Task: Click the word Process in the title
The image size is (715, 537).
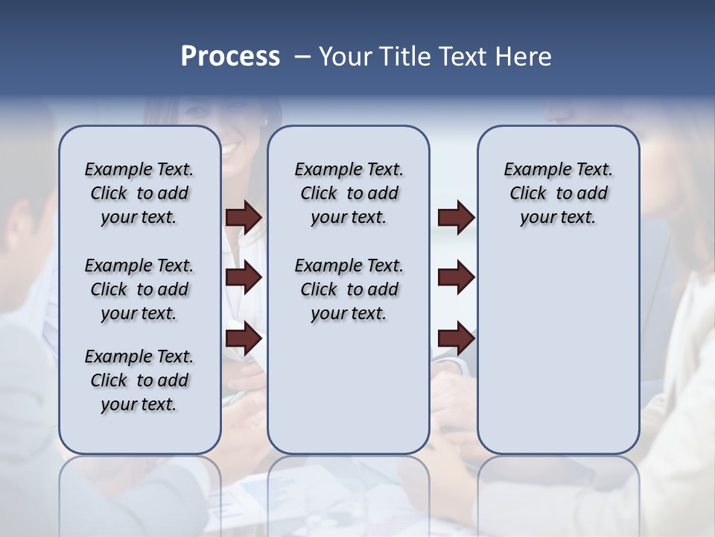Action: tap(230, 57)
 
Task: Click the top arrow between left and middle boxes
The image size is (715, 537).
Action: tap(244, 217)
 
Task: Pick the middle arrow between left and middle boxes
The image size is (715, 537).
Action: tap(244, 278)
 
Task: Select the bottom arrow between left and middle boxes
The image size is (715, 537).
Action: tap(244, 339)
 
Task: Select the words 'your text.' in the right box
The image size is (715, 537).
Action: tap(558, 218)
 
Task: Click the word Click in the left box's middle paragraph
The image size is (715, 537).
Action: tap(109, 289)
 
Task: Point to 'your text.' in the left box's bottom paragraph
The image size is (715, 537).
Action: tap(139, 405)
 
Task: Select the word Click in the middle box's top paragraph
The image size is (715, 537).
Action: tap(319, 194)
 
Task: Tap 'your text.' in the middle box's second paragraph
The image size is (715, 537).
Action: tap(349, 314)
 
